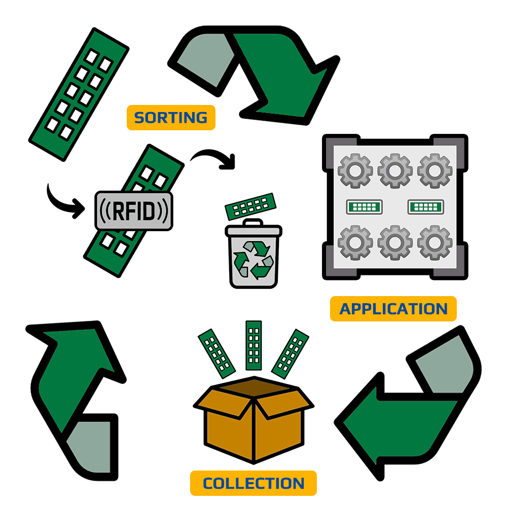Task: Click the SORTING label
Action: click(170, 118)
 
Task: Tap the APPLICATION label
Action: click(393, 309)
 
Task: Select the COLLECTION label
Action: click(253, 483)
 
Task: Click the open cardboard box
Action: click(253, 421)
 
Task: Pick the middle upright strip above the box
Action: click(253, 345)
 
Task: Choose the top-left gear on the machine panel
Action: click(355, 170)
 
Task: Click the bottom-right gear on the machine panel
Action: click(434, 242)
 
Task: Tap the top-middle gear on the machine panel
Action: click(395, 170)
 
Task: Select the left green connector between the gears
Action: click(364, 206)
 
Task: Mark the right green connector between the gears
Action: click(426, 206)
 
